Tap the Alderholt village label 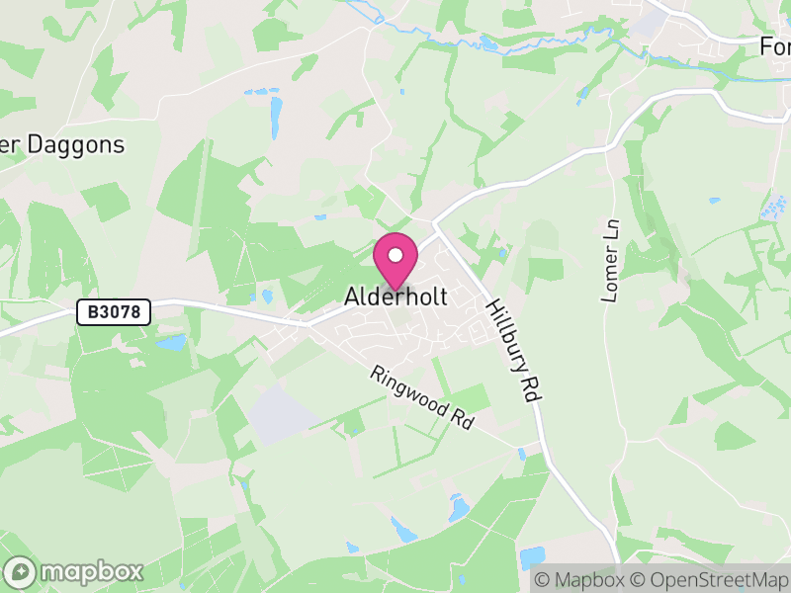coord(395,296)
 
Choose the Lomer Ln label coord(610,260)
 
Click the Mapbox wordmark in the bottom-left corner coord(91,571)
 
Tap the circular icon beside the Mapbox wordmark coord(21,571)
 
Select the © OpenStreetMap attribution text coord(710,580)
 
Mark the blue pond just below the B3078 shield coord(170,343)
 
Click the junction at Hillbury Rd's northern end coord(436,225)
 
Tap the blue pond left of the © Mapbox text coord(532,557)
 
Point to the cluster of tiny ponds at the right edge coord(772,210)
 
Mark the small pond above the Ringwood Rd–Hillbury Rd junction coord(521,454)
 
